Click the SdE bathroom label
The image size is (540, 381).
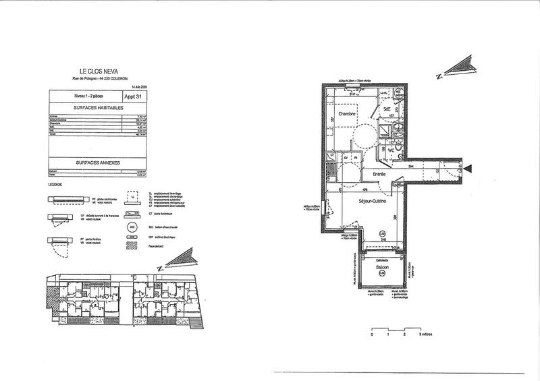tap(388, 108)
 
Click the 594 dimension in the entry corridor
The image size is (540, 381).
tap(409, 165)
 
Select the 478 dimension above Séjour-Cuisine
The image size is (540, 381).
tap(364, 190)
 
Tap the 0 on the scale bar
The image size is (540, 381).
tap(372, 334)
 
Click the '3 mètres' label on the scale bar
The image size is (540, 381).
tap(426, 334)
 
